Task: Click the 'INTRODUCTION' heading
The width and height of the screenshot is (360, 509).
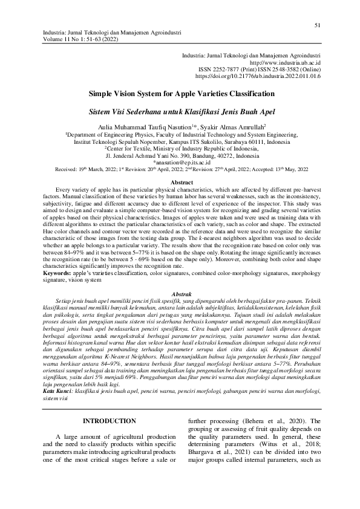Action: pos(109,403)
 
